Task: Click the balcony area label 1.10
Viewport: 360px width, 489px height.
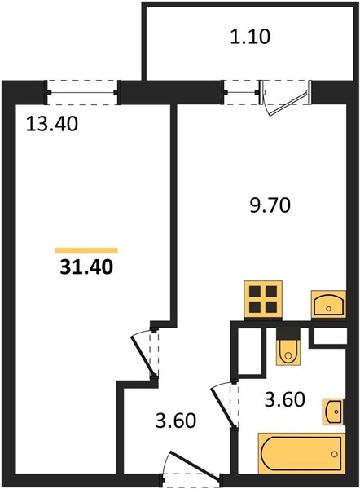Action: coord(250,37)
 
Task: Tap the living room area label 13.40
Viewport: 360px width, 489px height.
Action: coord(51,124)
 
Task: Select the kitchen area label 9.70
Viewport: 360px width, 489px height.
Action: coord(270,206)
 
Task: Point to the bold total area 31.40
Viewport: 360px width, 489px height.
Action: coord(86,267)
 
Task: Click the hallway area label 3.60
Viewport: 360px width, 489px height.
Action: coord(176,421)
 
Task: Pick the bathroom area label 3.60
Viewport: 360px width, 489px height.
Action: coord(284,400)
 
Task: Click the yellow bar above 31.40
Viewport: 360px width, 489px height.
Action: coord(86,250)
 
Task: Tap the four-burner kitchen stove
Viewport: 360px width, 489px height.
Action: coord(263,299)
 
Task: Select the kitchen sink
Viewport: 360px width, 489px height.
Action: coord(328,304)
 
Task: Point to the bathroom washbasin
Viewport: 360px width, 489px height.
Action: coord(334,412)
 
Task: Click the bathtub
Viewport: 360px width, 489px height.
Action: coord(301,453)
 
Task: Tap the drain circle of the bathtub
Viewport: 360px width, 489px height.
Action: coord(335,454)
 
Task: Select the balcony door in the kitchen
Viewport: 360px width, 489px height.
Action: coord(286,97)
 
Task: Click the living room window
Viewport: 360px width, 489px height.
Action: coord(82,92)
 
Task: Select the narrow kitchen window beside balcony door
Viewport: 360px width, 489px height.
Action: coord(241,92)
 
